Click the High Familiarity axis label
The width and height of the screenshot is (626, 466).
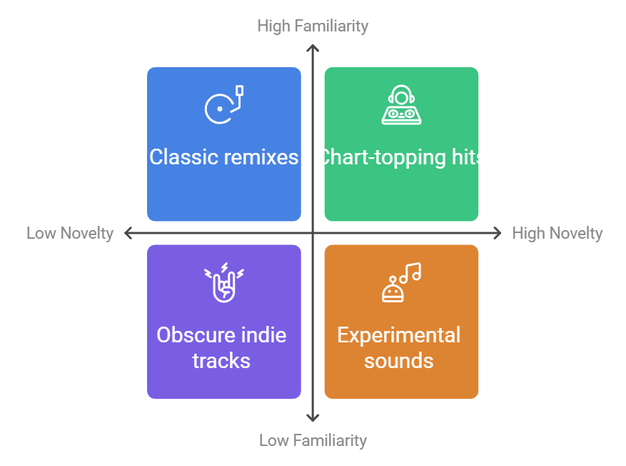(x=313, y=26)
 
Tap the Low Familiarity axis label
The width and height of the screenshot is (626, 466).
(x=313, y=440)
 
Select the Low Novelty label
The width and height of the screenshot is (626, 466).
(x=70, y=234)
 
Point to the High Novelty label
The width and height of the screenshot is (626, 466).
(x=557, y=234)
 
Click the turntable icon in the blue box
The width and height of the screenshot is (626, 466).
(x=224, y=105)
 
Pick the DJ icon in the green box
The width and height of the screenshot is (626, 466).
(x=401, y=105)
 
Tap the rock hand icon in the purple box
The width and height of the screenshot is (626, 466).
(x=224, y=282)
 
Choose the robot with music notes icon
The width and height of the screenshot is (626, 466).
(x=401, y=282)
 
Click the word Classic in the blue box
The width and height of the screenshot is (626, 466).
(x=184, y=157)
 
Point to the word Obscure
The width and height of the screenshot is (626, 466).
(x=190, y=335)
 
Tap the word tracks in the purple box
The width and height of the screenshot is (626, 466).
(x=221, y=361)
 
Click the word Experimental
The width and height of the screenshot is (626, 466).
(x=399, y=335)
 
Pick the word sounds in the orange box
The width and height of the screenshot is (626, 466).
(x=399, y=361)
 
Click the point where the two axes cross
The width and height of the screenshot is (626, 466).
(x=313, y=233)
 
